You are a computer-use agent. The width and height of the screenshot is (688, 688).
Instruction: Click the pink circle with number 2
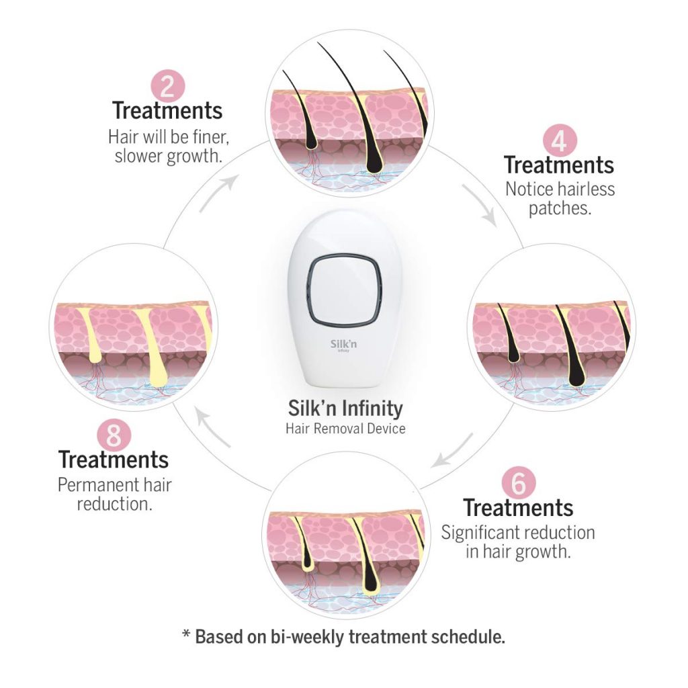pos(167,86)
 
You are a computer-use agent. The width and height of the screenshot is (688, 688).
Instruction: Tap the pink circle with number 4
pos(560,141)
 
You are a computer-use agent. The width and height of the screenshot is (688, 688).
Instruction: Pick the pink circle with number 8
pos(114,435)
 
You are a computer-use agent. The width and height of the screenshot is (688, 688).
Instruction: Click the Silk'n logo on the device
pos(343,345)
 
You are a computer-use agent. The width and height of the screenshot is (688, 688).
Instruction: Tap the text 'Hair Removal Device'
pos(345,428)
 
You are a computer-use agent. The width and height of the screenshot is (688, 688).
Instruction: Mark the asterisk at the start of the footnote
pos(187,634)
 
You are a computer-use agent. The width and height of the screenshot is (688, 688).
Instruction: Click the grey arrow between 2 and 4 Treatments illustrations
pos(480,204)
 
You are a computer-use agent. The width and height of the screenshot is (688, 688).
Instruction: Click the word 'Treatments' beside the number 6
pos(518,508)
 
